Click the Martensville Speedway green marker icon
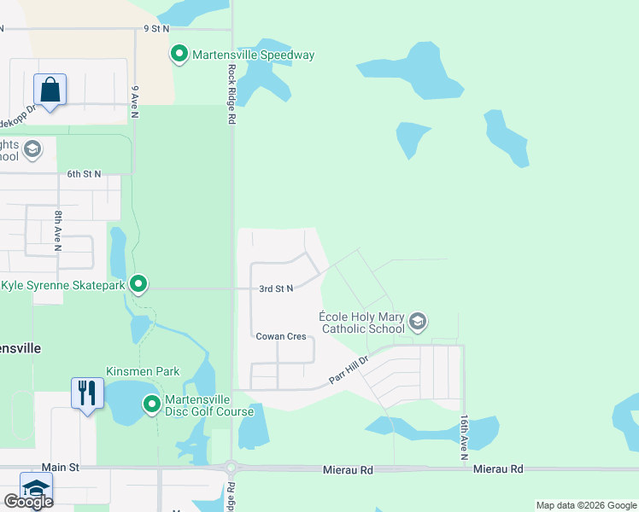click(x=179, y=55)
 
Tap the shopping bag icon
click(x=50, y=90)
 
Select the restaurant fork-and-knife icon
click(x=87, y=393)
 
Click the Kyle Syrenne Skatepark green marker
click(x=138, y=284)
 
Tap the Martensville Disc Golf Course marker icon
click(x=152, y=404)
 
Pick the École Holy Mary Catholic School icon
click(x=418, y=322)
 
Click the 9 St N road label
click(x=158, y=28)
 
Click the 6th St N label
click(x=84, y=174)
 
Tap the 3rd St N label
click(x=276, y=289)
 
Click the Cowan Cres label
click(x=281, y=336)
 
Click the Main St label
click(x=60, y=468)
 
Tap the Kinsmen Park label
click(x=143, y=372)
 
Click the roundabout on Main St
click(x=231, y=468)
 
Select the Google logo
click(x=28, y=501)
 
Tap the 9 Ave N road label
click(x=135, y=101)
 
